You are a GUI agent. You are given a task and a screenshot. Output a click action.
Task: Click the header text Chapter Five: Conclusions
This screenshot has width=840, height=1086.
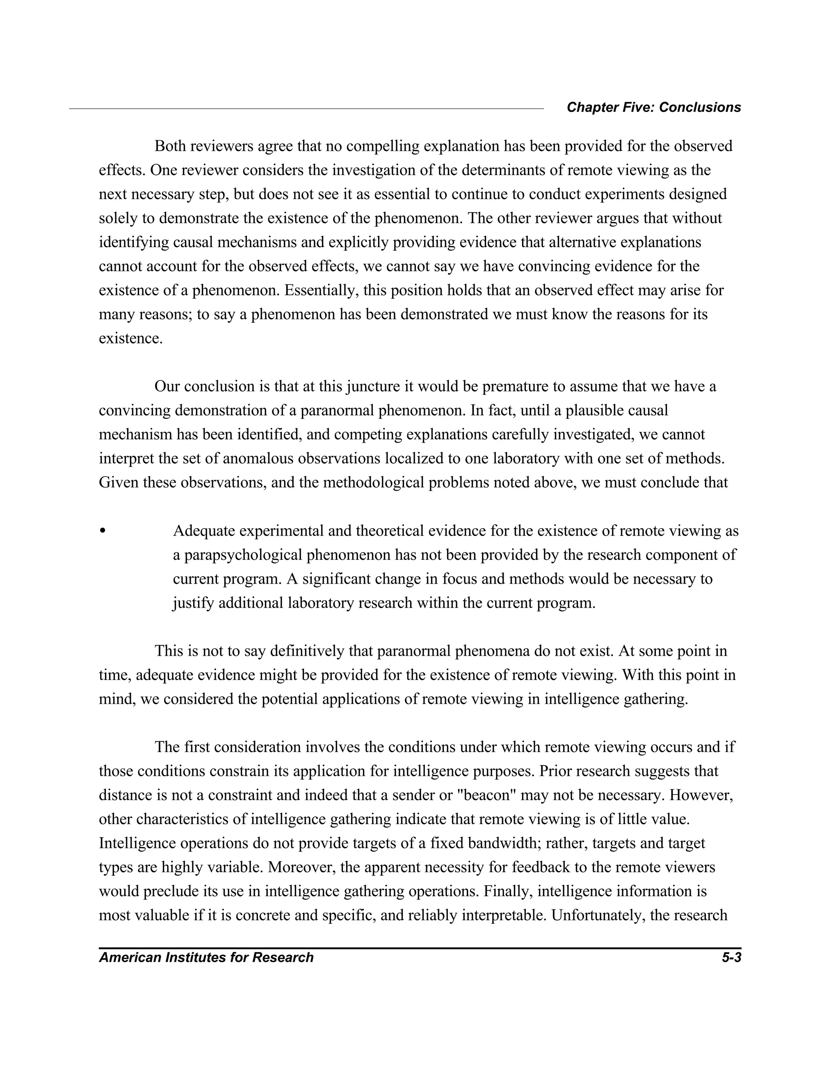tap(653, 107)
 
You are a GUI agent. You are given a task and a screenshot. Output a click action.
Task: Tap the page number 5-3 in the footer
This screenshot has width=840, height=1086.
tap(731, 957)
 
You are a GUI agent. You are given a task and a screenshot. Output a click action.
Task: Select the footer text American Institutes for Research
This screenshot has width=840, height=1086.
tap(206, 957)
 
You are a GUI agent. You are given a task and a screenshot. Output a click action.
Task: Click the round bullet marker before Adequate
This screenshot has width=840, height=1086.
tap(103, 531)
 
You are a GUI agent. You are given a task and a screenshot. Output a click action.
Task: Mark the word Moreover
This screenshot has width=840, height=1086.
tap(297, 867)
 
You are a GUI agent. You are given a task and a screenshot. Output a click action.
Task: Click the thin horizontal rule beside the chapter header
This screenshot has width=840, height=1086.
tap(306, 109)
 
